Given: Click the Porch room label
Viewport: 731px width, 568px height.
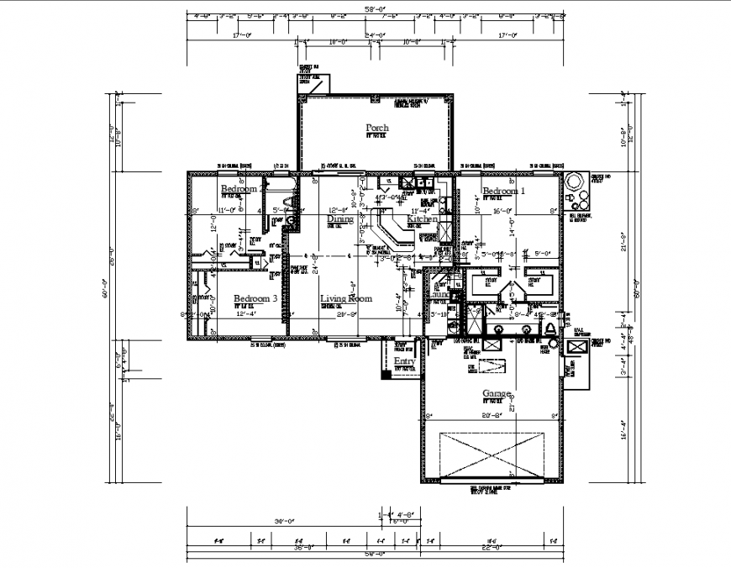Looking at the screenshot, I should click(x=377, y=129).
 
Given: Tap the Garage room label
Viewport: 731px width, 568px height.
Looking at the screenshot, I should click(x=499, y=393).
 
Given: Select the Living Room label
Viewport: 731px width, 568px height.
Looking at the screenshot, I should click(x=345, y=298).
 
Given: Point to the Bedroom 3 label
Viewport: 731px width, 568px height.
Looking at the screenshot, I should click(x=255, y=299).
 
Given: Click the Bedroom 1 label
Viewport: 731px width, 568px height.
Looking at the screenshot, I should click(x=503, y=191).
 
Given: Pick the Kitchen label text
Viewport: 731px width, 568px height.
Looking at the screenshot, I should click(x=422, y=219).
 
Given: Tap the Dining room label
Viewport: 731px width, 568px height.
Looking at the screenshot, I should click(x=340, y=219).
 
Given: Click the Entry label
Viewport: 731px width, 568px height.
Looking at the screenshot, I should click(x=404, y=362).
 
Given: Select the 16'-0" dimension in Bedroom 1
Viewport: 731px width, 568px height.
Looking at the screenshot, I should click(x=503, y=212).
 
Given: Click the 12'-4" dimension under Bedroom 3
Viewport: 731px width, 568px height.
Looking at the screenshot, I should click(x=244, y=314).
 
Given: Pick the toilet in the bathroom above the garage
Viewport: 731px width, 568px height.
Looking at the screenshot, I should click(x=550, y=327).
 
